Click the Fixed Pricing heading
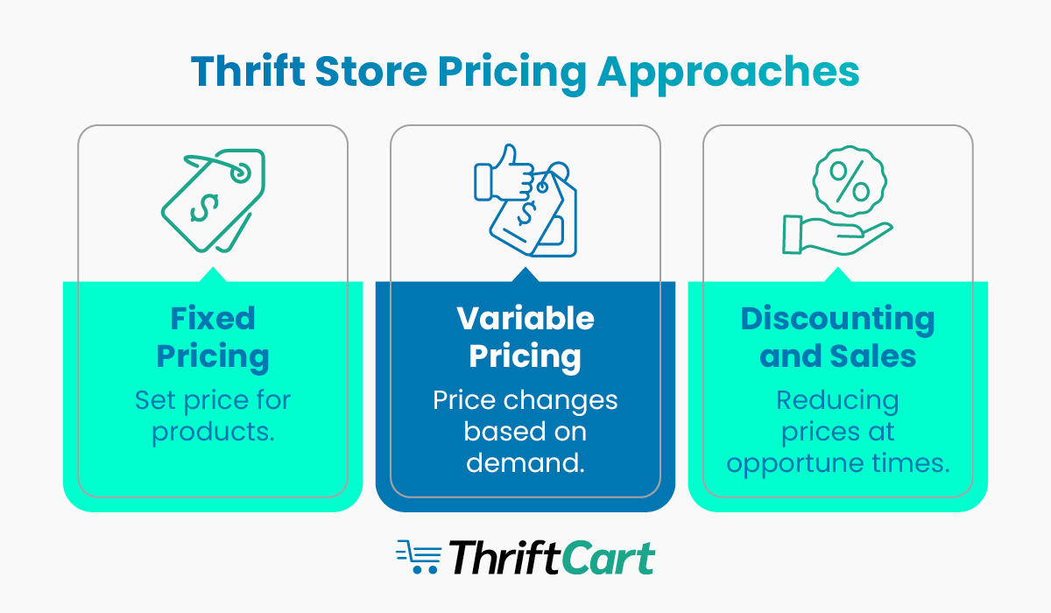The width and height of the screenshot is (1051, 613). (x=213, y=337)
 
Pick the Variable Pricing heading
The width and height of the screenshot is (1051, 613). (x=525, y=337)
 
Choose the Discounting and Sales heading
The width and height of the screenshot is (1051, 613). (x=838, y=337)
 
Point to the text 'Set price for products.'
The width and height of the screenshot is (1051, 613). (x=213, y=416)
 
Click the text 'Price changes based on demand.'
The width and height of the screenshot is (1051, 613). (x=525, y=431)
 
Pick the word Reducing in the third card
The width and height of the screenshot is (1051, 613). (x=838, y=401)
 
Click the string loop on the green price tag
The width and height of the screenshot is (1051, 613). (x=238, y=173)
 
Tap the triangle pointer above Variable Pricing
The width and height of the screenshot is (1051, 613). (x=525, y=275)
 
